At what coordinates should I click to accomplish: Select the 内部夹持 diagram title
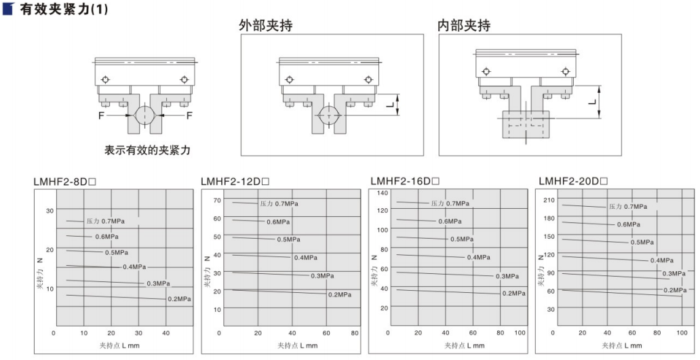tap(463, 26)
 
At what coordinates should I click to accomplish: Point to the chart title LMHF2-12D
tap(235, 181)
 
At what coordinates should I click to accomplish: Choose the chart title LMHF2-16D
tap(404, 181)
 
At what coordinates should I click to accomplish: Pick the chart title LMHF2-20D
tap(572, 181)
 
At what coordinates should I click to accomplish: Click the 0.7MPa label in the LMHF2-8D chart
tap(105, 221)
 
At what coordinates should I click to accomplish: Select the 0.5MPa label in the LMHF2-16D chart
tap(461, 239)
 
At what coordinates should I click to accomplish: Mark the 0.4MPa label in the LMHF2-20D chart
tap(661, 260)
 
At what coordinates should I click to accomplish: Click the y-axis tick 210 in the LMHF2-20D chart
tap(549, 199)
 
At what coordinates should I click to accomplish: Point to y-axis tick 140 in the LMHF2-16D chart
tap(382, 194)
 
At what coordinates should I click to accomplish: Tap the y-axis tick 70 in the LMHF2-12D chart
tap(217, 200)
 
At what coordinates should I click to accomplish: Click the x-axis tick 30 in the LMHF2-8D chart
tap(140, 333)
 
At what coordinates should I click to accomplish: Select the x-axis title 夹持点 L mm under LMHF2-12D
tap(296, 345)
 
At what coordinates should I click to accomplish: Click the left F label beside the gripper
tap(100, 115)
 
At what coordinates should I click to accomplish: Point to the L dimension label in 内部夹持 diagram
tap(592, 102)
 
